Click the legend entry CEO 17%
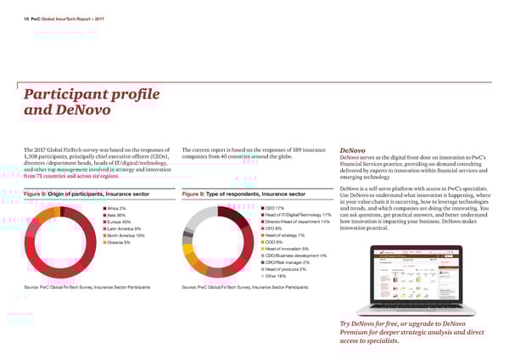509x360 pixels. click(x=275, y=208)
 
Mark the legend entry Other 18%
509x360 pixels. click(x=277, y=276)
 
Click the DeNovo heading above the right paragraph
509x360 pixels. click(x=352, y=148)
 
